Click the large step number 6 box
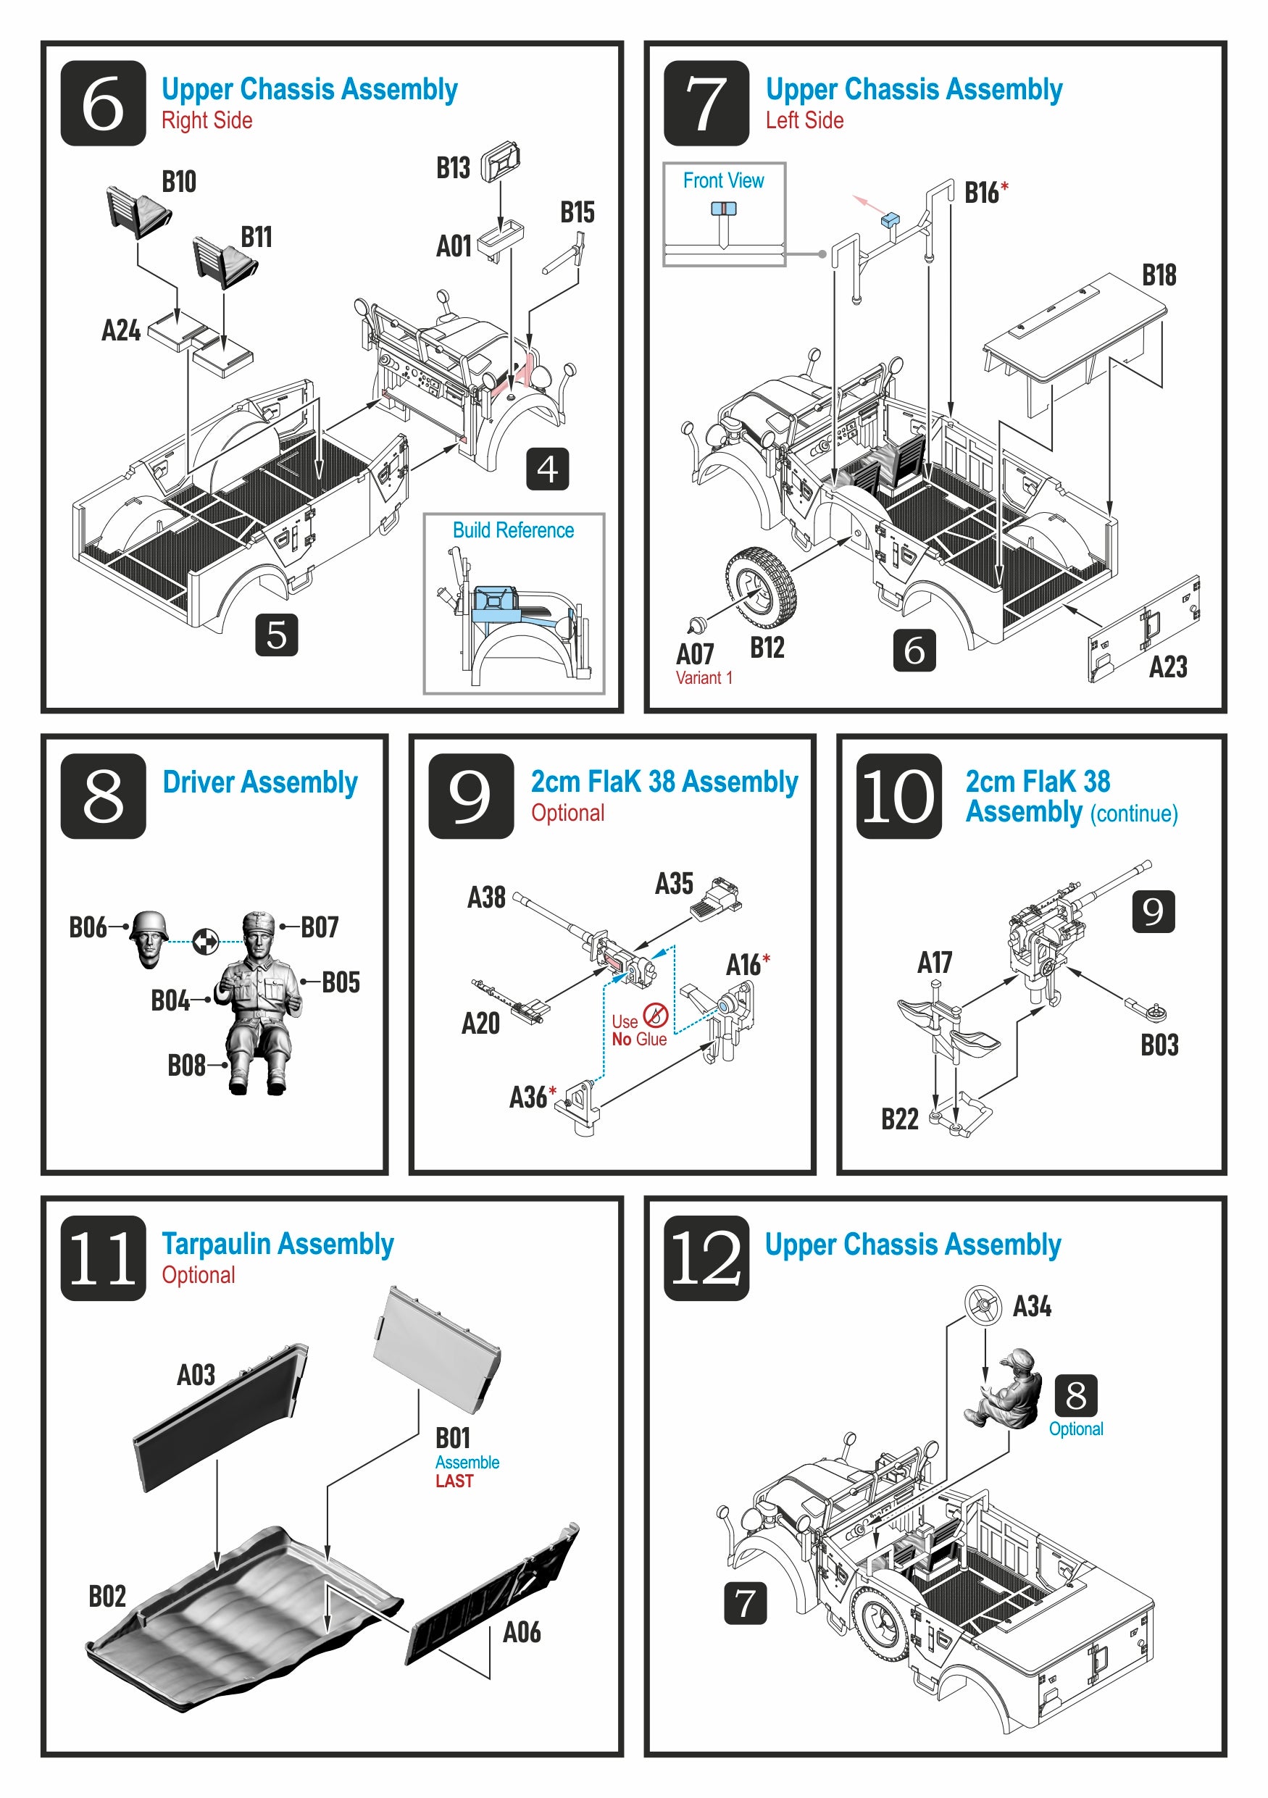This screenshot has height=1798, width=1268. (103, 104)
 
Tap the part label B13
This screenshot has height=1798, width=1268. (453, 167)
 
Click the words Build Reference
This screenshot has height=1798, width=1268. (513, 530)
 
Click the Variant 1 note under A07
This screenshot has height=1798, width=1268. (704, 678)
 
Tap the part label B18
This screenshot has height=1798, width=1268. (1159, 276)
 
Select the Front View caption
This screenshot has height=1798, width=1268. (723, 181)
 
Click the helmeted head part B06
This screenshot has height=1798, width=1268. (149, 937)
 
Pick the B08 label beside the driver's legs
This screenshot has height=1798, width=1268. (186, 1066)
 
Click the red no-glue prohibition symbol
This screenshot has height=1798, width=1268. (655, 1015)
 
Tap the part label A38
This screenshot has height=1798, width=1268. (486, 898)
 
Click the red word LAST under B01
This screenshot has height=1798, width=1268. (454, 1481)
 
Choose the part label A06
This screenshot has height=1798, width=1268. (522, 1633)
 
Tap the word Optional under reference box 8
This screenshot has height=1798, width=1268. (1075, 1429)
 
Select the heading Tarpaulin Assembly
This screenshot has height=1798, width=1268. (278, 1245)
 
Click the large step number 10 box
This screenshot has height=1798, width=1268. (898, 796)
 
